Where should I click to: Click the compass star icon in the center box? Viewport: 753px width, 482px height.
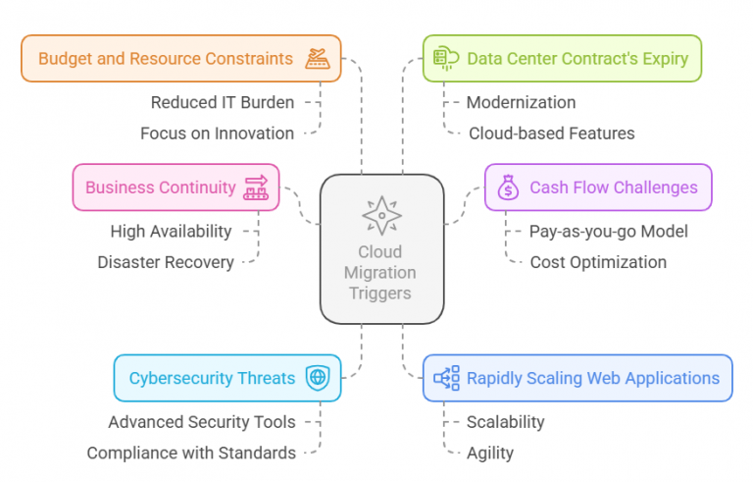point(381,216)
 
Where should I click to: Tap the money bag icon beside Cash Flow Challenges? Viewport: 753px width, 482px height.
point(508,187)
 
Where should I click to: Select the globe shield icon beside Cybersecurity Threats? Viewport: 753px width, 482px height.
point(318,378)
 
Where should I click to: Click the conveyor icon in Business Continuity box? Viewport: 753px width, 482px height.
point(256,187)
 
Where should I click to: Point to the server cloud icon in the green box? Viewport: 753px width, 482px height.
point(446,58)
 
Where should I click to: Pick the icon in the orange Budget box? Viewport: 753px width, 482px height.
point(318,59)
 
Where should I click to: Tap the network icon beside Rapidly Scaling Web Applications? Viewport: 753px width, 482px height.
point(447,378)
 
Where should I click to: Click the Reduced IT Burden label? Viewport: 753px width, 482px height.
point(223,102)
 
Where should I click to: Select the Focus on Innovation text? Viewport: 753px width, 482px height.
point(217,134)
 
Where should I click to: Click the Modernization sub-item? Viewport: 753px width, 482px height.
point(521,102)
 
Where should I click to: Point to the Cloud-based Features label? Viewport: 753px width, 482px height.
point(552,134)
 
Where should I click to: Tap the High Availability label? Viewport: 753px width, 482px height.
point(171,232)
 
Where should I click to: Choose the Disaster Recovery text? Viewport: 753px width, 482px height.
point(166,262)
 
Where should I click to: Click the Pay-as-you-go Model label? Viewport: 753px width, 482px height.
point(609,232)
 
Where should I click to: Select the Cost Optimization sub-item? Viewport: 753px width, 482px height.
point(598,262)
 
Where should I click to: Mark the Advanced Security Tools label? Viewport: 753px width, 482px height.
point(202,422)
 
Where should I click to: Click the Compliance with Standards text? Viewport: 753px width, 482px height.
point(191,453)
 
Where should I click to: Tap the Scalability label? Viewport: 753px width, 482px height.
point(506,422)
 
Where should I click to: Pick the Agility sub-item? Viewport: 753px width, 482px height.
point(490,454)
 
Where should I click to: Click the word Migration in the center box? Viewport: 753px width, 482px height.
point(379,273)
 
